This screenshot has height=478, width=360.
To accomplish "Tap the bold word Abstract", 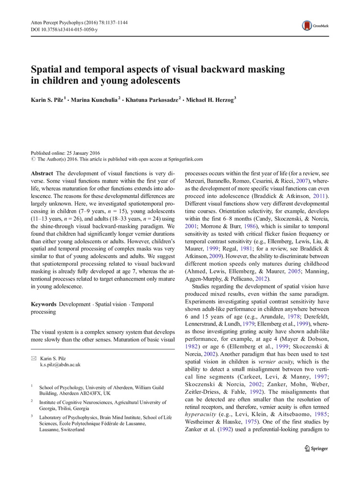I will coord(42,174).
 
